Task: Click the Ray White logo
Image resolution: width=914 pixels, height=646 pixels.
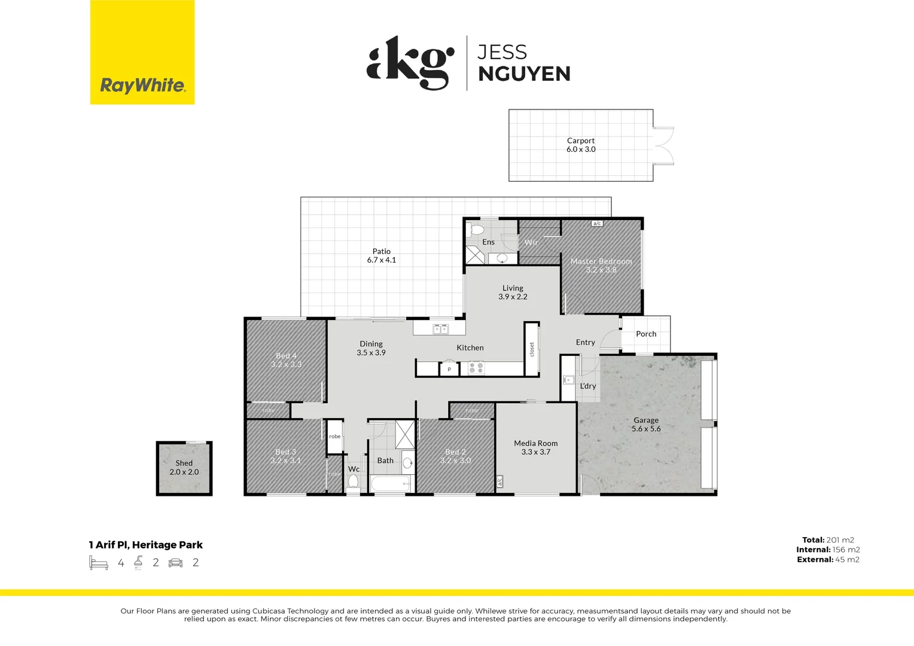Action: tap(142, 85)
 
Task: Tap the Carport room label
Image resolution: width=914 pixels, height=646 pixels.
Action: tap(581, 145)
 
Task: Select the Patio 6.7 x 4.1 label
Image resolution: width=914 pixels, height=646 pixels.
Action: tap(382, 255)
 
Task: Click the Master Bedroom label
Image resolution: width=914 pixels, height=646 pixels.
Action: tap(601, 265)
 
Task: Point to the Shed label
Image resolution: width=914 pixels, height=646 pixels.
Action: tap(184, 467)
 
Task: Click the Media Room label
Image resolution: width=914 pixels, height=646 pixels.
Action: tap(536, 447)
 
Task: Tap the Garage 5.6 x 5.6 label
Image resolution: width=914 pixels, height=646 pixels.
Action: tap(646, 424)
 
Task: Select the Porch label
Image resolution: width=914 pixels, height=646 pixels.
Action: tap(646, 334)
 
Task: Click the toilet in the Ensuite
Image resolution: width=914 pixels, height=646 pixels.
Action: tap(477, 230)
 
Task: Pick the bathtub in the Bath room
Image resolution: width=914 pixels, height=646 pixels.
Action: tap(390, 483)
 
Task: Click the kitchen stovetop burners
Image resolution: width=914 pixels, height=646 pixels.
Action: tap(476, 368)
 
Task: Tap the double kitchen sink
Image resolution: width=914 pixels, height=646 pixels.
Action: tap(441, 329)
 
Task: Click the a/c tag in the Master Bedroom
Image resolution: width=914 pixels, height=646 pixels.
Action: tap(596, 224)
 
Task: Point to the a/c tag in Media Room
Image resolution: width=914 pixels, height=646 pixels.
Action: tap(499, 481)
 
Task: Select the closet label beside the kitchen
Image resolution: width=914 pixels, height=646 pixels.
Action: tap(532, 349)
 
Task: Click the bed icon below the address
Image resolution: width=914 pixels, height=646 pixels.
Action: tap(99, 562)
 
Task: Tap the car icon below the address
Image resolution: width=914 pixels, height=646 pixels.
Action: tap(175, 562)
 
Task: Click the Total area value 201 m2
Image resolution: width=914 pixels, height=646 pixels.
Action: tap(840, 540)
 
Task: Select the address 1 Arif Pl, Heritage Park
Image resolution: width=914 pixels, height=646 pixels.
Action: tap(146, 545)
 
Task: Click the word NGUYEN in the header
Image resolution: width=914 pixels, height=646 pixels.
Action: tap(524, 74)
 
